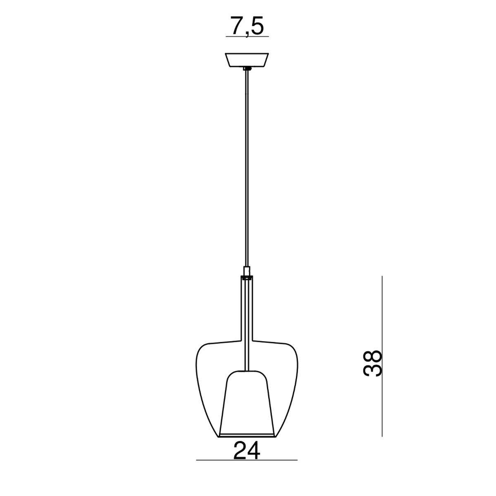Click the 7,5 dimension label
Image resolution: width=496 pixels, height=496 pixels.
247,26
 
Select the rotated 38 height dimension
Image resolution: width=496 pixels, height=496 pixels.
372,363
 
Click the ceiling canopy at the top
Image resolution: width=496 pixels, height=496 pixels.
247,60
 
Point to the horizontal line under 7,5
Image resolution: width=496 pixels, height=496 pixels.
247,36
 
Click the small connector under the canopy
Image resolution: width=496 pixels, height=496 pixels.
247,69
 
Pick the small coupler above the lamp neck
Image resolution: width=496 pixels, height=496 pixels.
247,271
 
